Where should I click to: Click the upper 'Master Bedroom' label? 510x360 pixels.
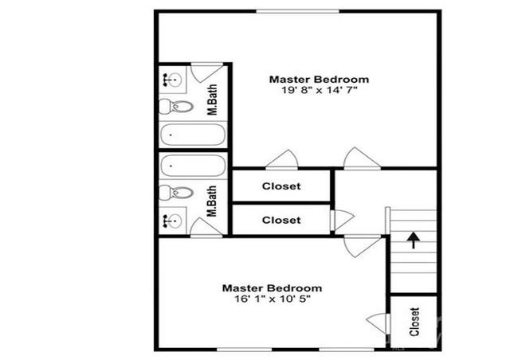319,79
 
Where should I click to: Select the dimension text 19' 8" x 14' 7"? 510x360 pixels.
319,90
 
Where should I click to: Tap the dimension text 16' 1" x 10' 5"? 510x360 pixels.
272,299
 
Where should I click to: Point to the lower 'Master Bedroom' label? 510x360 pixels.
272,288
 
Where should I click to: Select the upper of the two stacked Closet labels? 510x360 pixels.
281,186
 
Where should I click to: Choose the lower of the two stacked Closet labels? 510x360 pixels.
281,220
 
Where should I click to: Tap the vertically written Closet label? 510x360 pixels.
414,322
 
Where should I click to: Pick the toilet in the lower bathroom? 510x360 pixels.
175,192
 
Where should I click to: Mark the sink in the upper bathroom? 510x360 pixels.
172,79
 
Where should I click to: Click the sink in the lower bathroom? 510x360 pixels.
172,221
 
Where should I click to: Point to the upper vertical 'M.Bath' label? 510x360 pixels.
214,100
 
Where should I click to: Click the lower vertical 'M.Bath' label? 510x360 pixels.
213,202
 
